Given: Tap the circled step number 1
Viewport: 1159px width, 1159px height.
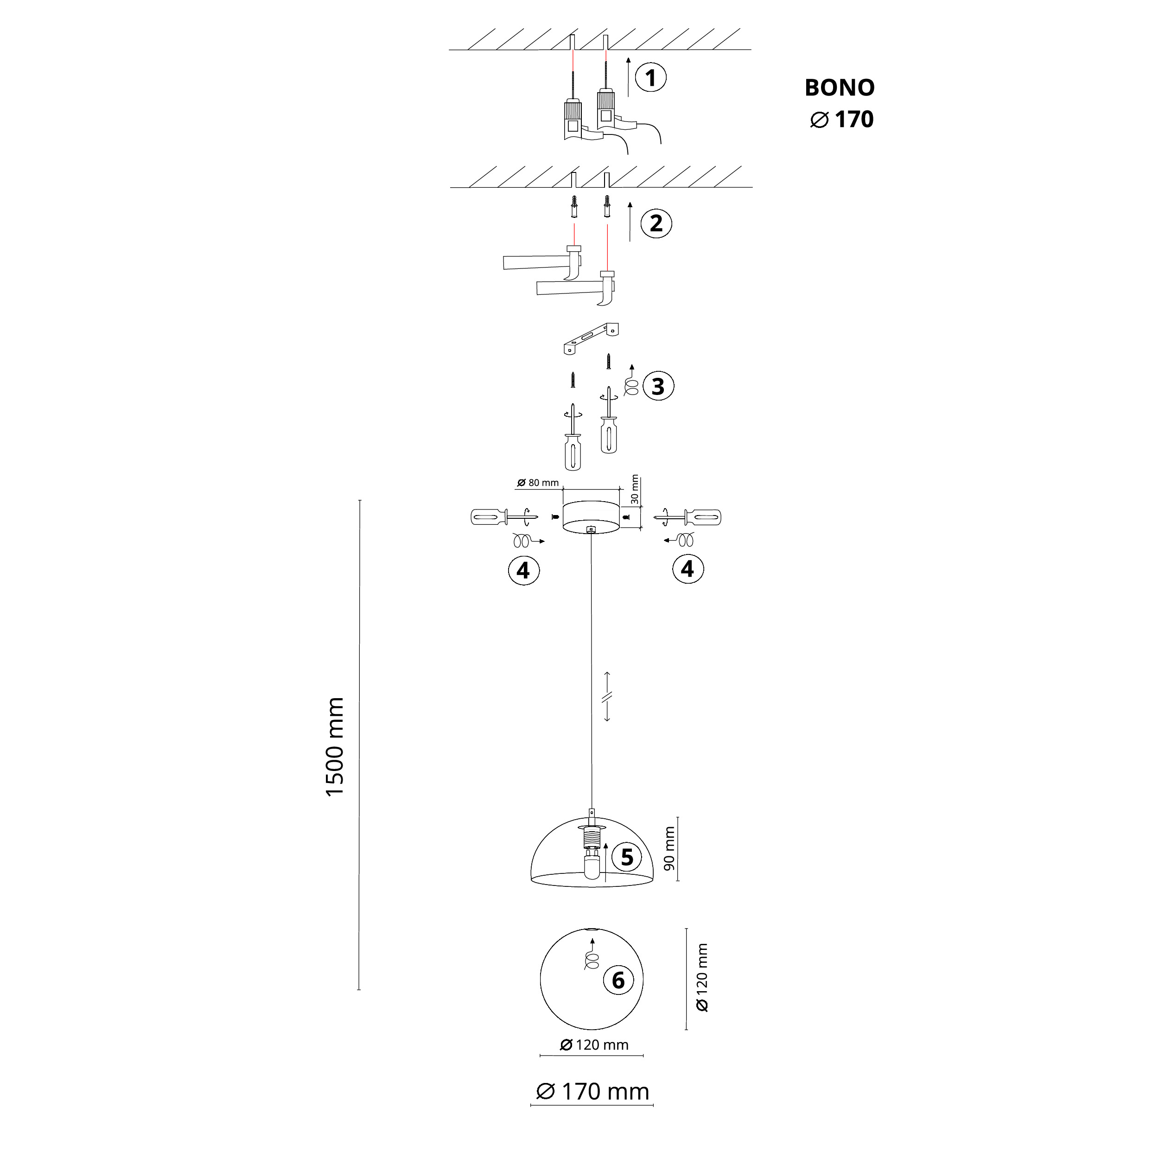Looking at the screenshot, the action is (651, 78).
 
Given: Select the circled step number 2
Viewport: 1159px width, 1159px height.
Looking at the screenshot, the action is (656, 223).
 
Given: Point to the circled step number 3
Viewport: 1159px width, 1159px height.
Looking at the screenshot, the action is (658, 386).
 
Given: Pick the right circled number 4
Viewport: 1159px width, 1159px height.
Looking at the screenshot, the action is (688, 569).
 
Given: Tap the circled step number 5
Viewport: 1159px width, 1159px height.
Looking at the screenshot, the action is (627, 857).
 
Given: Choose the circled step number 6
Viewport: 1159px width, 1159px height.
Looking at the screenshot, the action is (618, 980).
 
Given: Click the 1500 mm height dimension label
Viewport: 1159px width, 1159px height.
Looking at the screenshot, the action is (335, 747).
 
